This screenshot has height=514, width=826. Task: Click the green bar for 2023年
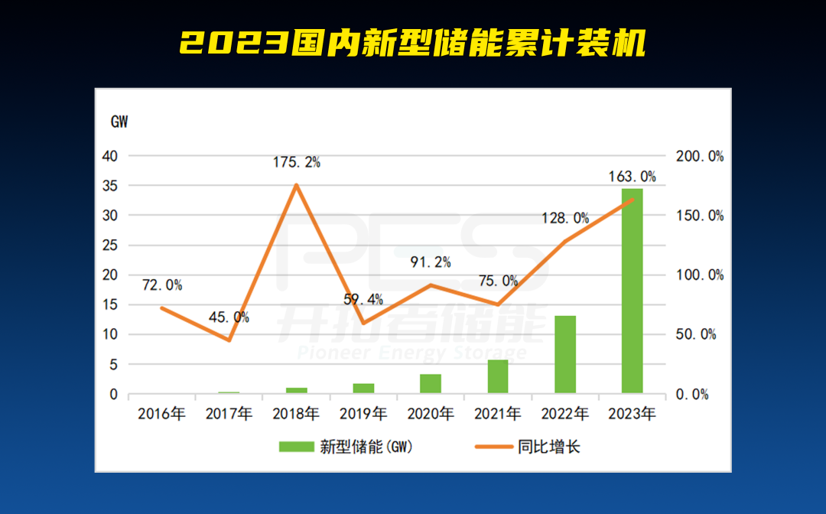coord(632,291)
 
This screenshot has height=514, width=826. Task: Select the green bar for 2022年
coord(565,355)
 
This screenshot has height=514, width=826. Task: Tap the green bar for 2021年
coord(498,376)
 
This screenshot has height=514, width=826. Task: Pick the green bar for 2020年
coord(431,384)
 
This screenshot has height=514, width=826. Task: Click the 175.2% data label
coord(296,162)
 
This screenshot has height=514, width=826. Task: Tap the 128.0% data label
coord(566,218)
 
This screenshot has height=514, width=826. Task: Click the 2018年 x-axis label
coord(296,415)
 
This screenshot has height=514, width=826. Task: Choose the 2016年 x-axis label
coord(161,415)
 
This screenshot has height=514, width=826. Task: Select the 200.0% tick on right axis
coord(700,156)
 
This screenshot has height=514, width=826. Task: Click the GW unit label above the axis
coord(120,122)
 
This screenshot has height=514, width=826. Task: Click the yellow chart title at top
coord(413,44)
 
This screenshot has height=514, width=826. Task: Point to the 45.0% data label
coord(229,317)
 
